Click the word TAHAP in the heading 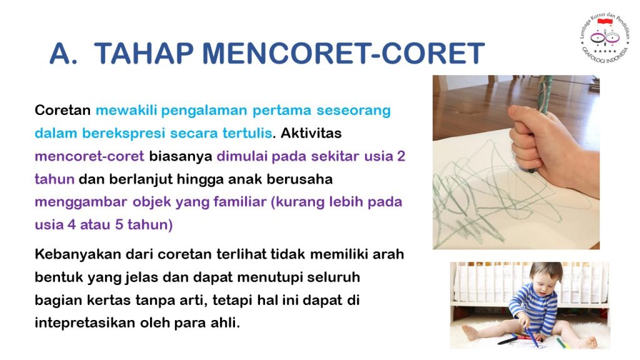pyautogui.click(x=144, y=54)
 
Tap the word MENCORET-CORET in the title pyautogui.click(x=344, y=54)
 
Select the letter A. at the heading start pyautogui.click(x=64, y=54)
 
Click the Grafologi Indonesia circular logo pyautogui.click(x=604, y=38)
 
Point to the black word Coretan pyautogui.click(x=62, y=110)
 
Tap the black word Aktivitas pyautogui.click(x=311, y=133)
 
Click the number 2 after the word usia pyautogui.click(x=401, y=156)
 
